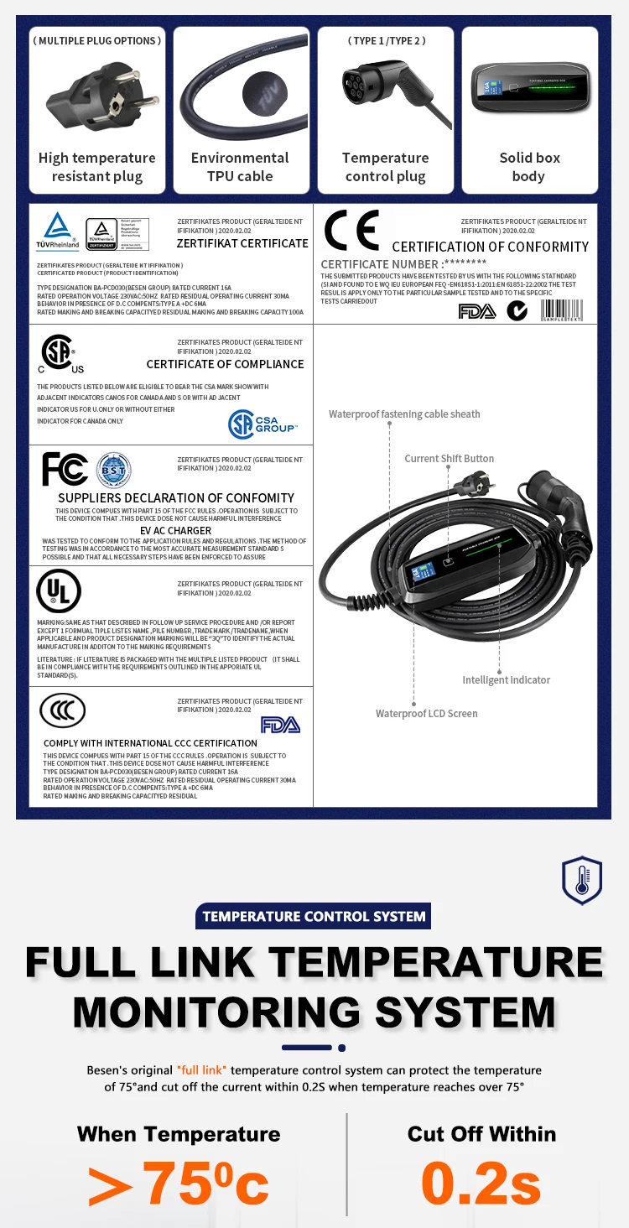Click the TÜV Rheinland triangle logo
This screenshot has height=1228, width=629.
[58, 229]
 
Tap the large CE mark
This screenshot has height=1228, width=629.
[351, 231]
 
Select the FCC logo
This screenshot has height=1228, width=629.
[65, 470]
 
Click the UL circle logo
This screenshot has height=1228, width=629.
[59, 591]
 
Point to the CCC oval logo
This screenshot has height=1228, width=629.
[63, 711]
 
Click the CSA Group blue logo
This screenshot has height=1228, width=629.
[263, 424]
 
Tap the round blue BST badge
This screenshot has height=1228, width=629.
[114, 470]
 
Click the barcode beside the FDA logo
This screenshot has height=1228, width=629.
[562, 311]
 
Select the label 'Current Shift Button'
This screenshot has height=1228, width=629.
[450, 459]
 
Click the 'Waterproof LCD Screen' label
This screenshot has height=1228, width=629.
[426, 714]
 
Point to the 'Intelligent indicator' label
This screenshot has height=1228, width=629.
[507, 680]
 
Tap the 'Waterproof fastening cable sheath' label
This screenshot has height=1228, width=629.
[404, 414]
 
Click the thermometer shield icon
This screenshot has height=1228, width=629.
[582, 880]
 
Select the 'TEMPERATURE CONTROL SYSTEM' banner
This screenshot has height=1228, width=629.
[314, 916]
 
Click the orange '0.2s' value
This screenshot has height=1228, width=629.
[481, 1182]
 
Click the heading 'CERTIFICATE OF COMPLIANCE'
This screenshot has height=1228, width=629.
[225, 364]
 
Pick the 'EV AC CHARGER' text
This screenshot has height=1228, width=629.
[175, 531]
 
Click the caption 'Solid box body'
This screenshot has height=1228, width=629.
[529, 167]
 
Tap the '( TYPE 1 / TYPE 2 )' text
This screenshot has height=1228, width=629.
[386, 41]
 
